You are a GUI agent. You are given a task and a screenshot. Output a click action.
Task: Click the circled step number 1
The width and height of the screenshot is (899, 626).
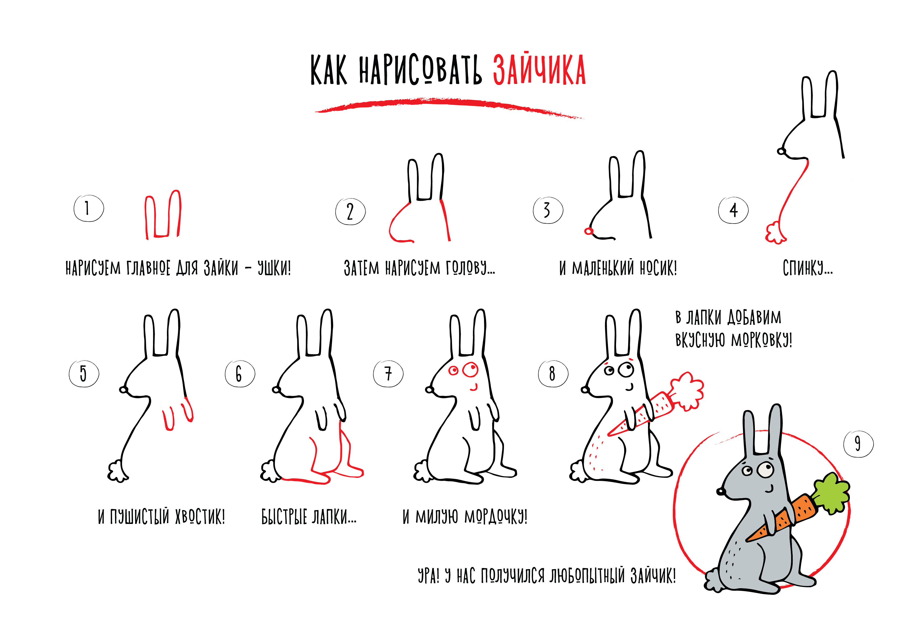point(88,208)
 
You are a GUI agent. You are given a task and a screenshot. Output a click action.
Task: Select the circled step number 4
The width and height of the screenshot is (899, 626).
point(733,210)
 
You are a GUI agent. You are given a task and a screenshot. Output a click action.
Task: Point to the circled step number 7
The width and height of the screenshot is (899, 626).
point(388,374)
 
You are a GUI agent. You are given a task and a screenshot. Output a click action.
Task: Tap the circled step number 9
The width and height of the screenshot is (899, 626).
point(858,444)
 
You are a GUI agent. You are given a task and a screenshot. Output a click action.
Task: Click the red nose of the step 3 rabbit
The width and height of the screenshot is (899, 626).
point(588,231)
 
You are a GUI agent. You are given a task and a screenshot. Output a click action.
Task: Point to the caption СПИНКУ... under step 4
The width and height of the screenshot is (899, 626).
point(807,268)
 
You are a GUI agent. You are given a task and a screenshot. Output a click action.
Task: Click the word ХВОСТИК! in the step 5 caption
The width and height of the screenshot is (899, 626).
point(200,517)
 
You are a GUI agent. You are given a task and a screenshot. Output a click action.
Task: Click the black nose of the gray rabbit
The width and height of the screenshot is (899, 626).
point(720,491)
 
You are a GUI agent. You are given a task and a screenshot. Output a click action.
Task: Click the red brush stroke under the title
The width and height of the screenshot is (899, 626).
point(449,107)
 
